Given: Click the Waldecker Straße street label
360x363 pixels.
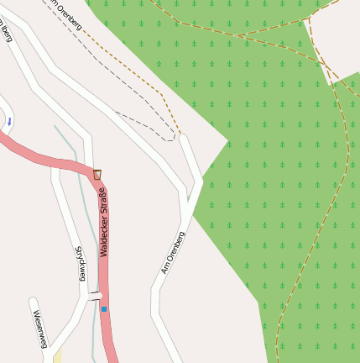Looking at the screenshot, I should pos(102,222).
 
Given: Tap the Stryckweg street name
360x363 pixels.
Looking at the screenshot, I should pos(81,264).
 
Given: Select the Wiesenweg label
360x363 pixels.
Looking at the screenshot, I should pos(39,329).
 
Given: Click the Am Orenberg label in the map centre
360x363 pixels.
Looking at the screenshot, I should pos(172,253).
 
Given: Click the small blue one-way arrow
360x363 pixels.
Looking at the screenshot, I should pos(9,122).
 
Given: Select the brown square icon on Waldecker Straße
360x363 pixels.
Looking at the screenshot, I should pos(97,175).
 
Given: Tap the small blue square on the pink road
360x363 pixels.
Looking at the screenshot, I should pos(104,309).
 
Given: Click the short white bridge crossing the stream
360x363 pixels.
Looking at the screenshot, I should pos(94,296).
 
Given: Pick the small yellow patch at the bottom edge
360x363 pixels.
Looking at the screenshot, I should pos(57,357).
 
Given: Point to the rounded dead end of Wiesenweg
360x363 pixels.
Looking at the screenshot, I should pos(34,302).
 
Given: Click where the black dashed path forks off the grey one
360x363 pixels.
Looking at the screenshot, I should pos(115,112).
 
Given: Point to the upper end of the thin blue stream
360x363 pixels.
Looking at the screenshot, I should pos(55,127).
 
